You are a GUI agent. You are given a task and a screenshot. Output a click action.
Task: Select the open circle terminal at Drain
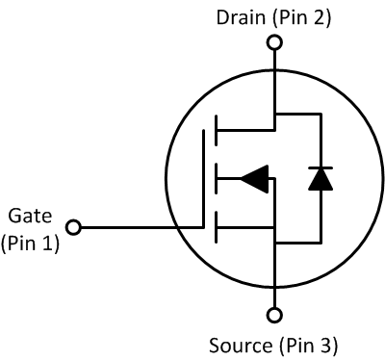coord(275,42)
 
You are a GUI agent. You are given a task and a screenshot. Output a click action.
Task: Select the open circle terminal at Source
coord(275,315)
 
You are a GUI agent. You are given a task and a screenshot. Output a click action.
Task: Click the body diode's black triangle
coord(318,180)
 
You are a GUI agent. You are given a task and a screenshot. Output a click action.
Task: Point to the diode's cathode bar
coord(318,168)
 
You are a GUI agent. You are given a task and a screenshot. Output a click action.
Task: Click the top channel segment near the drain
coord(216,126)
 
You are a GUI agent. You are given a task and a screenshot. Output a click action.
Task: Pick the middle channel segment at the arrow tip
coord(216,177)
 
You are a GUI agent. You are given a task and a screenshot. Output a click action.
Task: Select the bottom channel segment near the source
coord(216,228)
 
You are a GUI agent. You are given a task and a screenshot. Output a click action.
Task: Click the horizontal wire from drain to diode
coord(296,114)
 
